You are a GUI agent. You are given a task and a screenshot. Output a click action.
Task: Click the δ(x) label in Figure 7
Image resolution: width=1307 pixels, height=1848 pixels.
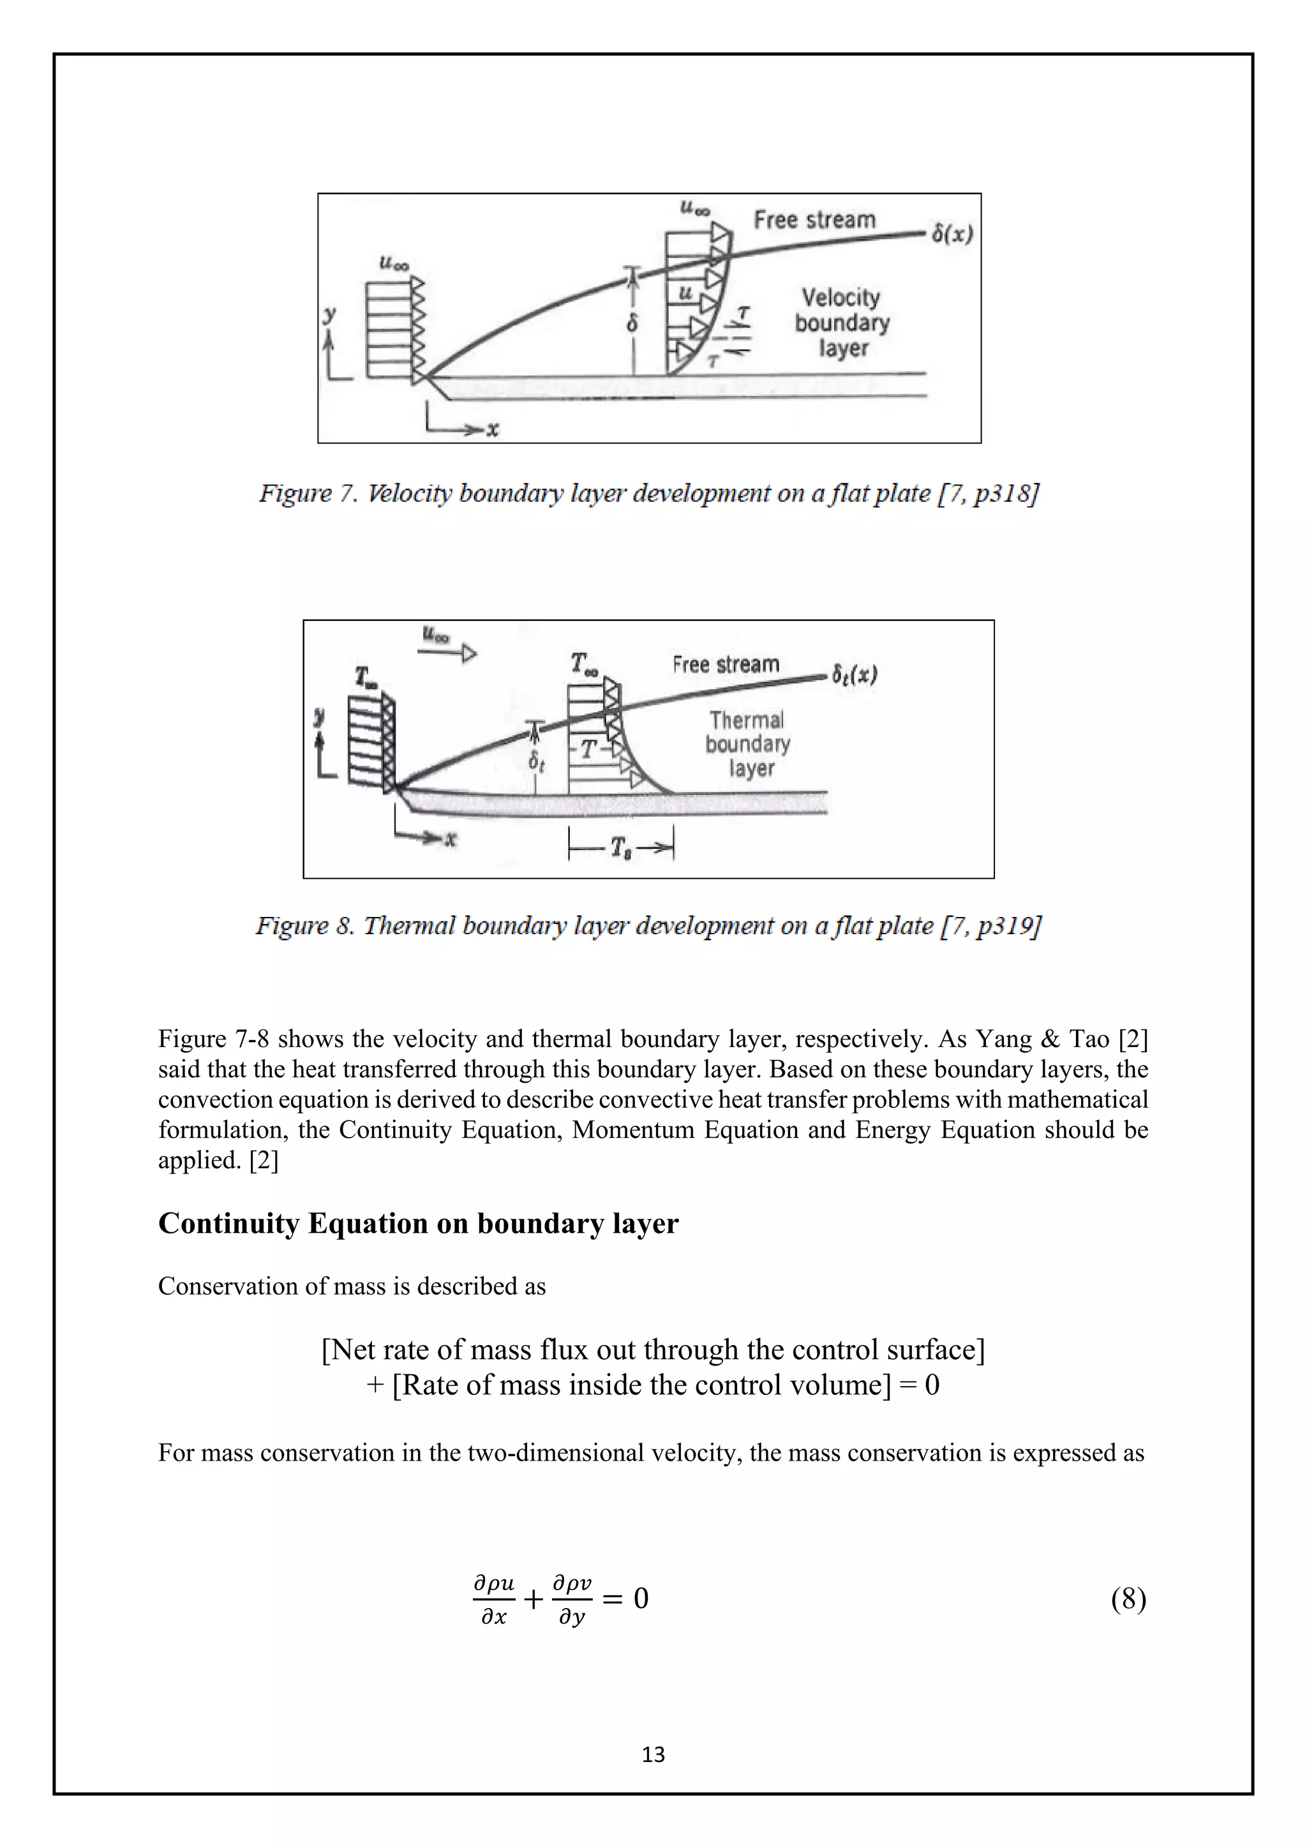[952, 234]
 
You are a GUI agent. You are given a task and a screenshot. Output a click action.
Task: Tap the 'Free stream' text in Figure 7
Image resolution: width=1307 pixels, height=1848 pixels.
[814, 220]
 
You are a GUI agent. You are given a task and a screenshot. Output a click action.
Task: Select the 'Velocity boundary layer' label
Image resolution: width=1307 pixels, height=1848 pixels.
[842, 323]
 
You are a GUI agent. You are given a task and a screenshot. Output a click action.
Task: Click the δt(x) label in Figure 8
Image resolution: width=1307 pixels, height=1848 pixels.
[854, 674]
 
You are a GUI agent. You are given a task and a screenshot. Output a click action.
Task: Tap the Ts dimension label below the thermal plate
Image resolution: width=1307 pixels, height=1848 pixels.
[620, 847]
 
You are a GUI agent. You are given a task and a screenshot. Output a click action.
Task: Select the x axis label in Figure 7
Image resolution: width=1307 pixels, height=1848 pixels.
[493, 430]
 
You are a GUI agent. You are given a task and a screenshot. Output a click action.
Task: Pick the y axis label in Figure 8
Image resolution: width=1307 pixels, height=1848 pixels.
[320, 715]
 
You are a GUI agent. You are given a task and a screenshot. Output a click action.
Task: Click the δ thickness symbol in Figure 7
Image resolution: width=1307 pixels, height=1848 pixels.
[632, 324]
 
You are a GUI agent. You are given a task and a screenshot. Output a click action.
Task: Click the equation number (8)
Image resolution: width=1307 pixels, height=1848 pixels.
[1128, 1598]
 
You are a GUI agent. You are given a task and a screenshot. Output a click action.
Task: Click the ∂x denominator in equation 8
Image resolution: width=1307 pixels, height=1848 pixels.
[493, 1617]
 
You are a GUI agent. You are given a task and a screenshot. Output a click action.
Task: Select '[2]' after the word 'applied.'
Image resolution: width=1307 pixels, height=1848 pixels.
[263, 1160]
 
